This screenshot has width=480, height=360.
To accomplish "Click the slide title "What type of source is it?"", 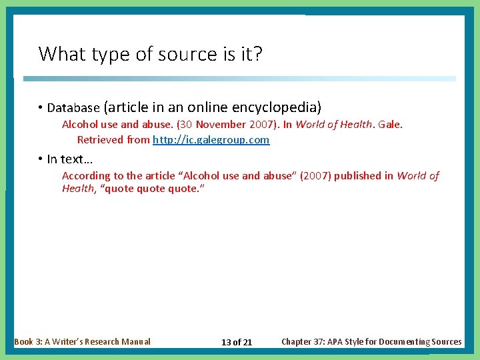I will coord(150,53).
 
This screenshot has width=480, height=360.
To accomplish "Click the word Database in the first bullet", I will coord(73,107).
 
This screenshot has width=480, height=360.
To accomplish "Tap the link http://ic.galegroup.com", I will coord(211,140).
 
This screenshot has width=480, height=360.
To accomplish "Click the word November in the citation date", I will coord(221,125).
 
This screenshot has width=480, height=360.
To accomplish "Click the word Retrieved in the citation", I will coord(99,140).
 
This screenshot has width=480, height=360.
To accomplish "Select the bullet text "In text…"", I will coord(69,159).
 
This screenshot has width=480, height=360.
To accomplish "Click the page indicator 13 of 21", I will coord(237,342).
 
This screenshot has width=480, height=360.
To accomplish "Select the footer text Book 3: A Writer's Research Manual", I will coord(82,341).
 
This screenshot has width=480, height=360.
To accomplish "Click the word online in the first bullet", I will coord(207,107).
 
